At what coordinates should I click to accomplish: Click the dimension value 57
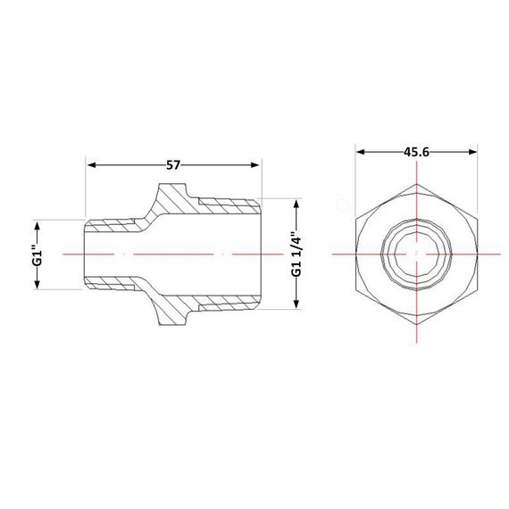(x=172, y=165)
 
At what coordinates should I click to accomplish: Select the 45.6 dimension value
(x=416, y=152)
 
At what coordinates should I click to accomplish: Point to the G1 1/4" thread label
(x=296, y=254)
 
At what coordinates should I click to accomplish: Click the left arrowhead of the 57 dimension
(x=92, y=165)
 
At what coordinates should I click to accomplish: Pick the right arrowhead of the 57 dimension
(x=254, y=165)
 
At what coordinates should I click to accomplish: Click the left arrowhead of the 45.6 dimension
(x=361, y=152)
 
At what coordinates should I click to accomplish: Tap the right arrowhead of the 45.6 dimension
(x=473, y=152)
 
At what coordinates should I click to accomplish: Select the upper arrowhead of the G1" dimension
(x=37, y=225)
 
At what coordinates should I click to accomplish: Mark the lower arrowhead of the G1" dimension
(x=37, y=284)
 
